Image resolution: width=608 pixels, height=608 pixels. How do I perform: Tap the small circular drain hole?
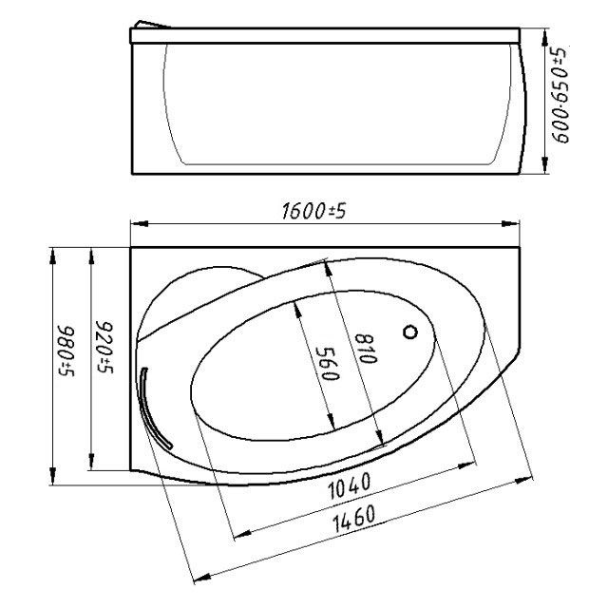pyautogui.click(x=411, y=332)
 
